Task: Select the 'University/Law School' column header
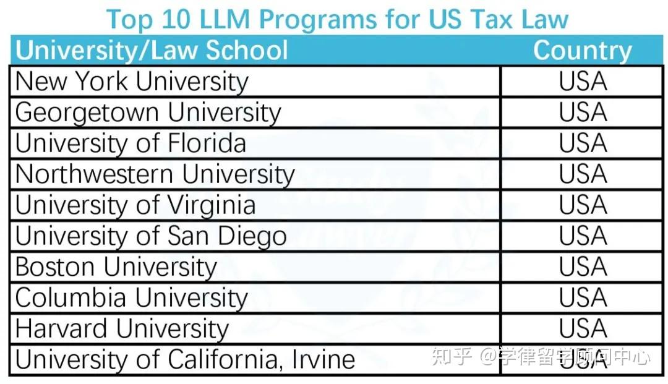[152, 50]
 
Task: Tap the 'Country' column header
[582, 50]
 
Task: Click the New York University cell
[132, 82]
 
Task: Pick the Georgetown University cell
[148, 113]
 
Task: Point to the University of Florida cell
[131, 143]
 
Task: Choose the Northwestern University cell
[155, 174]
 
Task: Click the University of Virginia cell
[135, 205]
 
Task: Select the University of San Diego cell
[151, 236]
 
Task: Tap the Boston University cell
[116, 267]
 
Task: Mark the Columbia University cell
[131, 298]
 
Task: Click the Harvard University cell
[122, 329]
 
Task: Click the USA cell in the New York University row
[583, 82]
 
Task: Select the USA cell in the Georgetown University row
[583, 113]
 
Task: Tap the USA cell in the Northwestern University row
[583, 174]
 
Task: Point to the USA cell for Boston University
[583, 267]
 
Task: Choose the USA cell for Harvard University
[583, 329]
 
